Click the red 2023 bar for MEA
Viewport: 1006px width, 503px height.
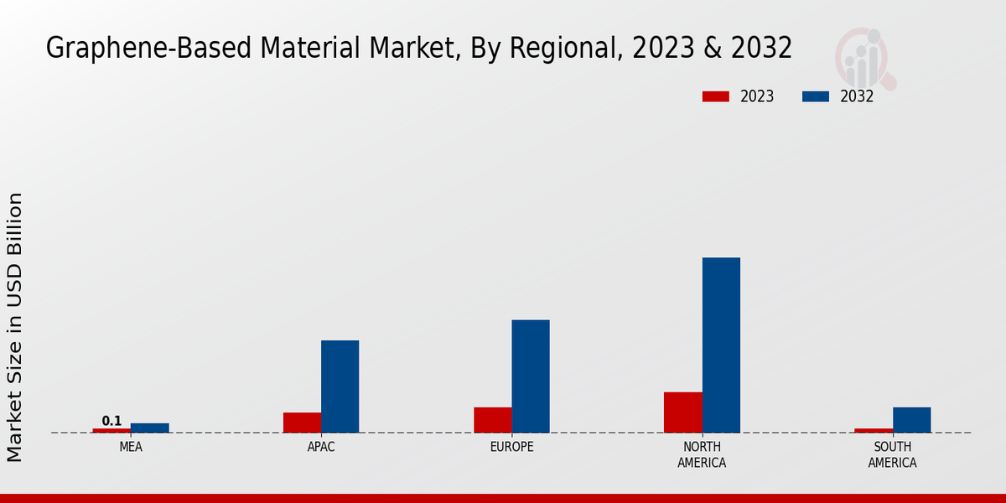coord(111,430)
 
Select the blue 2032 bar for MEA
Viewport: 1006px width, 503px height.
coord(149,428)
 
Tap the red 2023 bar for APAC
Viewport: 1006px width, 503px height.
coord(302,423)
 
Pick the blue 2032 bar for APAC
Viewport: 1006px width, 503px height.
coord(340,386)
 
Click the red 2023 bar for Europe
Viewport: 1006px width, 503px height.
coord(492,420)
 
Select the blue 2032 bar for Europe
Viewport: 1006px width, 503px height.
coord(531,376)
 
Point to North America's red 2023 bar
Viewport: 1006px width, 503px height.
coord(682,412)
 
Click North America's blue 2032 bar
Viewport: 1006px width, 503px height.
coord(721,345)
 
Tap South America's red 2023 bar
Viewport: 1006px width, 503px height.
coord(874,430)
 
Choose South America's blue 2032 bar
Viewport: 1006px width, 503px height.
coord(911,420)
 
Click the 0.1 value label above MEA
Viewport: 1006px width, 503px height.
coord(111,421)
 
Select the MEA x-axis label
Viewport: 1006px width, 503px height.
coord(131,447)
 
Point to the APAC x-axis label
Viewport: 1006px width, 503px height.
coord(321,447)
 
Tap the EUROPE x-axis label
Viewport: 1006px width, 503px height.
coord(511,447)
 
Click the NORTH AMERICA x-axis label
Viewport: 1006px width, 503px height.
coord(702,454)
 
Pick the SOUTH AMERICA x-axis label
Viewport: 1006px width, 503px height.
coord(892,454)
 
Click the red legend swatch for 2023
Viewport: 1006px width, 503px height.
coord(715,96)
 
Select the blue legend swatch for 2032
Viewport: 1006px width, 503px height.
coord(815,96)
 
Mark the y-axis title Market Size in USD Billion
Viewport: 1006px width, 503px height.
coord(15,327)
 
